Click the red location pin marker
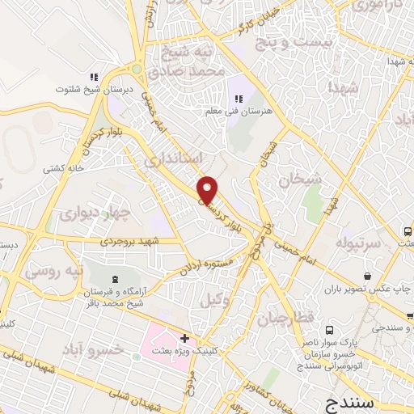209,189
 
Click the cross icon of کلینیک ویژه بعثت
186,337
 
